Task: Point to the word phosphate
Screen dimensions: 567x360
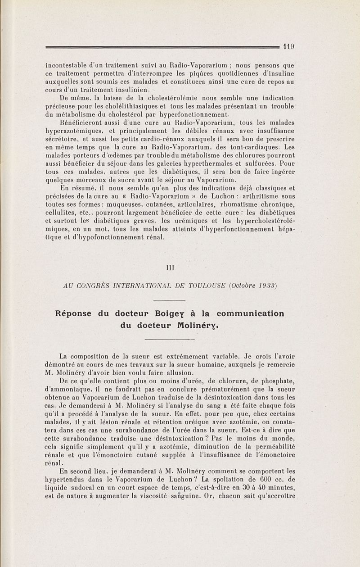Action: point(273,381)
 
